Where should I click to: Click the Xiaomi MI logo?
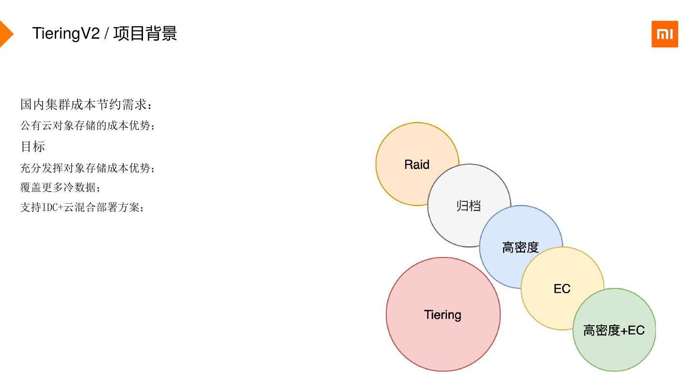click(x=665, y=34)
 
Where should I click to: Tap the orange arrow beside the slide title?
click(x=5, y=34)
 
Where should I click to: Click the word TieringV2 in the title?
click(x=66, y=34)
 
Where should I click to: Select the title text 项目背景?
click(x=145, y=34)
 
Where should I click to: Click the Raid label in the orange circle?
click(x=417, y=165)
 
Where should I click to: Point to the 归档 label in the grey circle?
click(x=469, y=206)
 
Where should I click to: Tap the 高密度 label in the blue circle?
click(x=521, y=247)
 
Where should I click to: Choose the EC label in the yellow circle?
click(x=562, y=289)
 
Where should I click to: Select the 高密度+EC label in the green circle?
click(x=614, y=331)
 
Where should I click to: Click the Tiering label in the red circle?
click(x=443, y=315)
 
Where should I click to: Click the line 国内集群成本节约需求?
click(x=86, y=104)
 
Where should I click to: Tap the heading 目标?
click(x=32, y=146)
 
